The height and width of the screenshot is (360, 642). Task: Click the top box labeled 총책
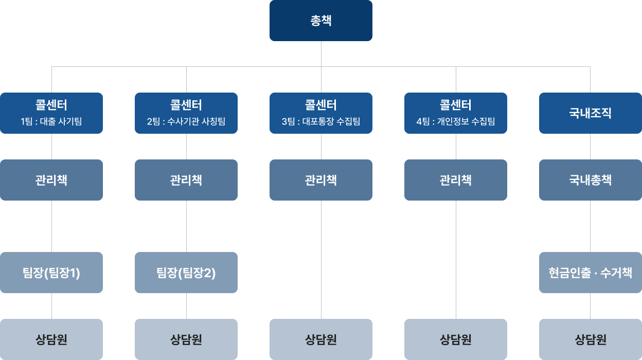click(x=320, y=21)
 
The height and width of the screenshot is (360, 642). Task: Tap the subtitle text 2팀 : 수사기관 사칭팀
click(x=186, y=122)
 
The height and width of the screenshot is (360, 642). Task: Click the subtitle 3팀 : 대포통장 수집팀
click(x=321, y=122)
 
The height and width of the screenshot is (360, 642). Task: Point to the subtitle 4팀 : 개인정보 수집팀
click(x=456, y=122)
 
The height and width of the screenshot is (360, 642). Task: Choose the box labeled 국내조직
click(x=590, y=113)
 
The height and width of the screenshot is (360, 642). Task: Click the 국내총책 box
click(x=590, y=180)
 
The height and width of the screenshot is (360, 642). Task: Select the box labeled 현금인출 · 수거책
click(x=590, y=273)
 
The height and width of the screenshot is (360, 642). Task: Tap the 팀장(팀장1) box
click(x=51, y=273)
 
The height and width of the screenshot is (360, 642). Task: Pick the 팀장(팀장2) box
click(x=186, y=273)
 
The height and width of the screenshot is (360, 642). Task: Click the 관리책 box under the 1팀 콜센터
click(x=51, y=180)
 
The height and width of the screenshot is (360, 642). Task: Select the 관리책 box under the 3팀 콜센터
click(x=321, y=180)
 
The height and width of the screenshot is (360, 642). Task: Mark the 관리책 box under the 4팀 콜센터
click(x=456, y=180)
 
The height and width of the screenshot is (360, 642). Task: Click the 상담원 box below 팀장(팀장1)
click(x=51, y=339)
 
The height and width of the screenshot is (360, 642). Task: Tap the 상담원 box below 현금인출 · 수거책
click(x=590, y=339)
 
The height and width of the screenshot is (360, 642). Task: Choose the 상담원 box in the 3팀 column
click(x=321, y=339)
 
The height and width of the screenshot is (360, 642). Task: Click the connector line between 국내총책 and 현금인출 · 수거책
click(x=590, y=226)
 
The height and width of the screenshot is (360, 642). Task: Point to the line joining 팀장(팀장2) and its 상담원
click(x=186, y=306)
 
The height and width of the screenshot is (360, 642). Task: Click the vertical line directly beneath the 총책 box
click(x=321, y=53)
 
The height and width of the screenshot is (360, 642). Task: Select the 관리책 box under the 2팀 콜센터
click(x=186, y=180)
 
